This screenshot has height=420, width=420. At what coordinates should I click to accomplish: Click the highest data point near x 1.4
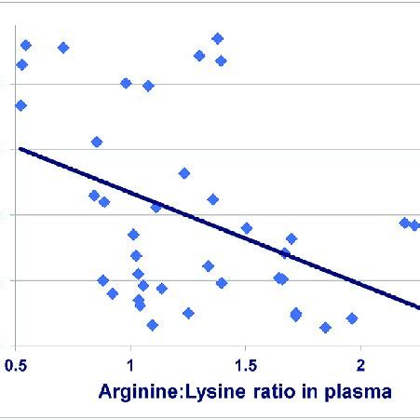coord(217,38)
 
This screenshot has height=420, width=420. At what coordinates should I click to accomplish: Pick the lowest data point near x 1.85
coord(325,328)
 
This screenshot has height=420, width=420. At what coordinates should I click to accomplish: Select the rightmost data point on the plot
coord(415,225)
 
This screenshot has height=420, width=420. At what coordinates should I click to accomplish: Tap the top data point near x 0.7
coord(63,47)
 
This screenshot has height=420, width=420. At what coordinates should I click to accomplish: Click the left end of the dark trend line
coord(20,148)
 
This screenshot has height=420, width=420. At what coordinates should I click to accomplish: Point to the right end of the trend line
coord(418,306)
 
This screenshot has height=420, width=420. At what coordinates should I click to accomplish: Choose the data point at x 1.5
coord(247,228)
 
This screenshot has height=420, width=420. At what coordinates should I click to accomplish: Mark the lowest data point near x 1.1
coord(152,325)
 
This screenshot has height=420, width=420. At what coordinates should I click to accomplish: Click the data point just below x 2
coord(352,318)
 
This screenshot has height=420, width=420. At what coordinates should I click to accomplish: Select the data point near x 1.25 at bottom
coord(188,313)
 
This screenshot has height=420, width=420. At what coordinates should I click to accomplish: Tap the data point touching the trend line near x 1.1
coord(156,207)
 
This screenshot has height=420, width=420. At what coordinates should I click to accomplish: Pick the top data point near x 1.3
coord(199,56)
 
